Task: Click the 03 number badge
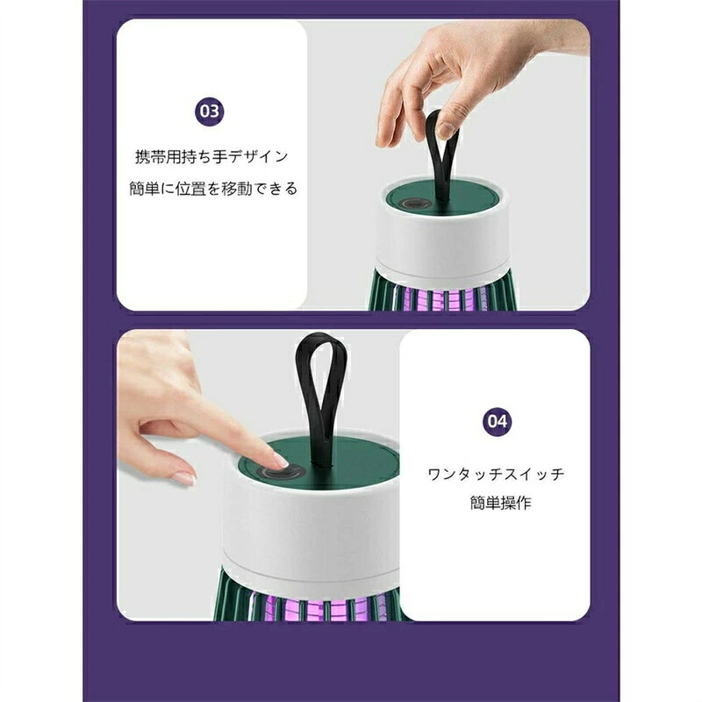pos(209,111)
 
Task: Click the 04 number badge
pos(498,421)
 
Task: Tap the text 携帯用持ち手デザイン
pos(211,157)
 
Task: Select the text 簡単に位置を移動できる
pos(213,189)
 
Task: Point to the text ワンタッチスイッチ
pos(496,474)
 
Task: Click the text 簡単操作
pos(500,503)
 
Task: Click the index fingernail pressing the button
pos(281,461)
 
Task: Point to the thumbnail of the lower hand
pos(184,478)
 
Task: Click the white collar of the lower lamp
pos(312,524)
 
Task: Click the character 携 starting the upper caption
pos(142,157)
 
